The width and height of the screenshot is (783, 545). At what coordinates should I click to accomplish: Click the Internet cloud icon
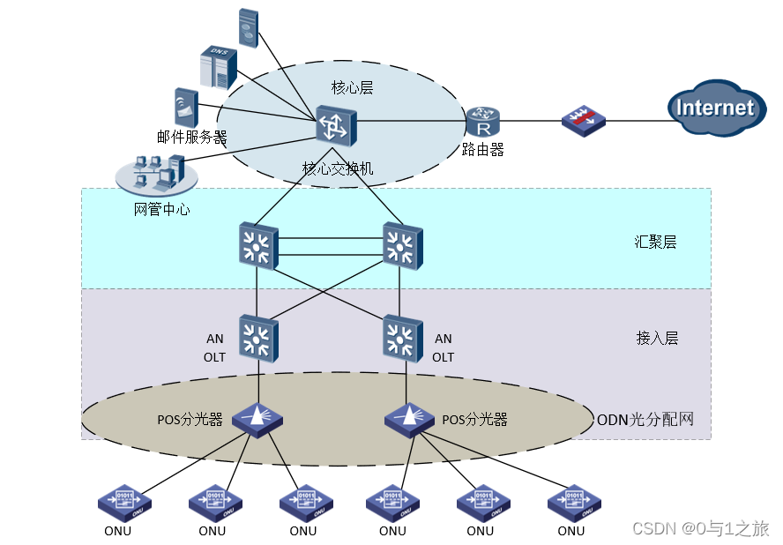pos(715,108)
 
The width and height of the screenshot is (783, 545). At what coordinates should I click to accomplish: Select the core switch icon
pos(337,126)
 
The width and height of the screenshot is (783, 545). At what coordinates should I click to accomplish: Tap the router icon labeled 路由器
pos(482,121)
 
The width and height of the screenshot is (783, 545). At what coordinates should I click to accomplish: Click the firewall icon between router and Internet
pos(583,121)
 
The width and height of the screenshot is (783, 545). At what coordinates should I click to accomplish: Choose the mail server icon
pos(185,107)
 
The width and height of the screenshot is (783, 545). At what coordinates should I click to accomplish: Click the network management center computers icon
pos(157,174)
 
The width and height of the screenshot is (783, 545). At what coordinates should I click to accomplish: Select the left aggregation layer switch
pos(257,245)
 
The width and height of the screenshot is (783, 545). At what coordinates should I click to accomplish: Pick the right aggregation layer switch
pos(402,245)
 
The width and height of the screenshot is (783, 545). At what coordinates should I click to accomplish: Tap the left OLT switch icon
pos(257,339)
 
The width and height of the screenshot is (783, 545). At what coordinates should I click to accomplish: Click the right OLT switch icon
pos(402,339)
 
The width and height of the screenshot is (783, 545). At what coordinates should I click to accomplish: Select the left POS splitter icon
pos(257,420)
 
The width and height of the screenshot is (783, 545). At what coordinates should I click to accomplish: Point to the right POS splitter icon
pos(409,418)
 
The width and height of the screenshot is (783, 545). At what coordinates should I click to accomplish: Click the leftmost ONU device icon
pos(124,504)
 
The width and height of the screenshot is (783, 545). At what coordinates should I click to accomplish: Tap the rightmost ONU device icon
pos(574,504)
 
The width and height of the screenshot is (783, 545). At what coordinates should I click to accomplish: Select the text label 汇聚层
pos(655,242)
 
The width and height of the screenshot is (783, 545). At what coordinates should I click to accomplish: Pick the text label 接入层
pos(657,338)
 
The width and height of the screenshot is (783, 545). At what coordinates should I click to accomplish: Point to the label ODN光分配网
pos(645,419)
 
